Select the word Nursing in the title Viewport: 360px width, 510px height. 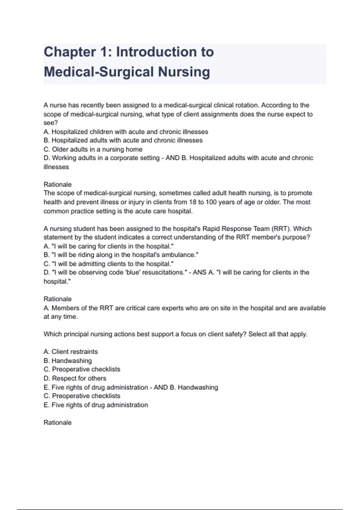click(184, 72)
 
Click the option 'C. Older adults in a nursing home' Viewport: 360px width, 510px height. click(93, 149)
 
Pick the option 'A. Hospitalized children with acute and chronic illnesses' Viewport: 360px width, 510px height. click(126, 132)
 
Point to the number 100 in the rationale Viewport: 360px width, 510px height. click(211, 202)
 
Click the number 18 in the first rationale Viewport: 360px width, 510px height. click(193, 202)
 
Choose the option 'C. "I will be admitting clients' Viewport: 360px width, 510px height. click(109, 264)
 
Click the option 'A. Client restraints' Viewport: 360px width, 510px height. click(70, 352)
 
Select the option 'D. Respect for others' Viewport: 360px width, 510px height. click(75, 378)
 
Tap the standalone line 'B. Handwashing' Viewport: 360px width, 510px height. click(67, 361)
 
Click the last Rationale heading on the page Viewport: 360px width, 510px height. click(58, 423)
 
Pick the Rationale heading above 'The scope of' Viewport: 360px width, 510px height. click(58, 184)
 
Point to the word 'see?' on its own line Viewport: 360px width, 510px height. click(51, 123)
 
